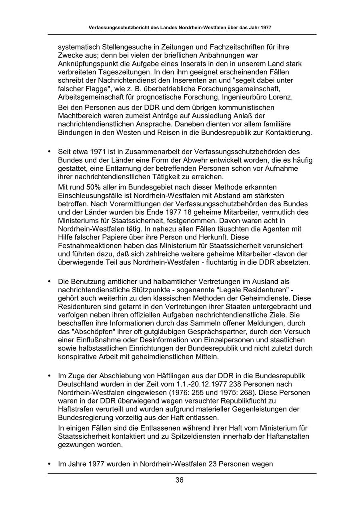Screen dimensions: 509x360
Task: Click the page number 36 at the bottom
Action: tap(180, 480)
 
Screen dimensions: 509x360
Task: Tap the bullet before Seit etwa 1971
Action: tap(50, 152)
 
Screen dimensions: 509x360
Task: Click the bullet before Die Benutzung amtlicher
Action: tap(50, 281)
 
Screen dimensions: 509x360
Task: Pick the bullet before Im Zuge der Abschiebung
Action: tap(50, 376)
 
